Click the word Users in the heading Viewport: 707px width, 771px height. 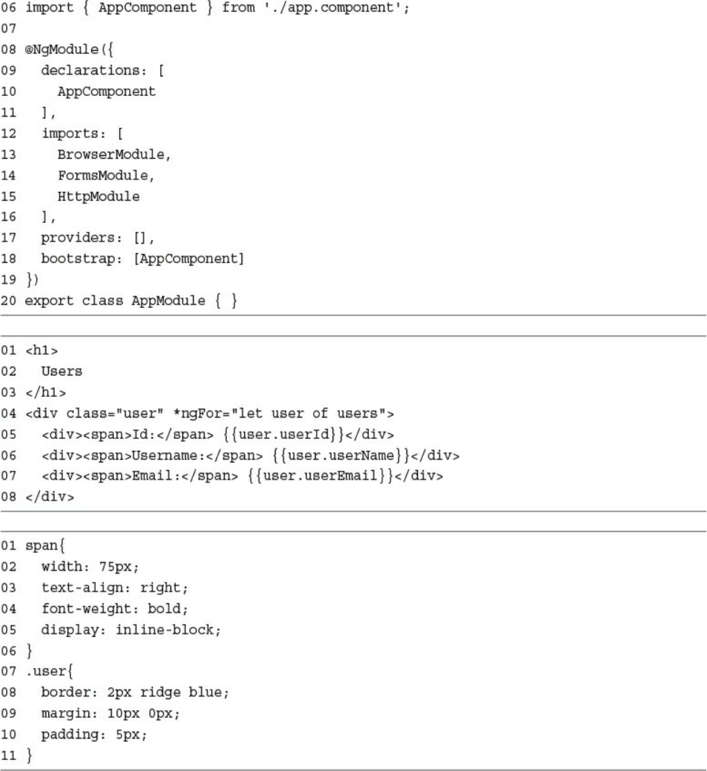(x=61, y=371)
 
